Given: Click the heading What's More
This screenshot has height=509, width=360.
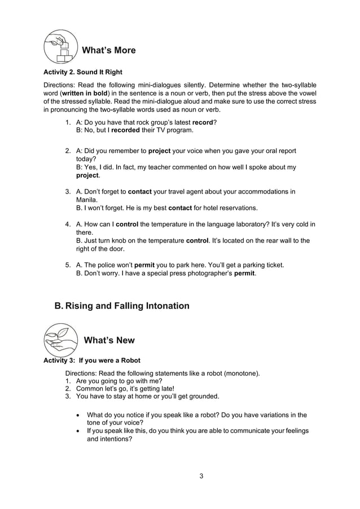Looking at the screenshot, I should tap(109, 50).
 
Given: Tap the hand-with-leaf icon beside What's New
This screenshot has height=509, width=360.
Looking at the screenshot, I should tap(60, 340).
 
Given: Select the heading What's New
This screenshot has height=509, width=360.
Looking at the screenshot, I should tap(109, 340).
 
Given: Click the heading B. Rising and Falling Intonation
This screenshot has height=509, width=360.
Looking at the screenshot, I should tap(121, 306).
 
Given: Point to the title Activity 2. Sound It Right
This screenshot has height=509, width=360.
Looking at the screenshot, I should tap(83, 72).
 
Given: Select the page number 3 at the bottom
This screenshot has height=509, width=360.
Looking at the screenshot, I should tap(201, 476).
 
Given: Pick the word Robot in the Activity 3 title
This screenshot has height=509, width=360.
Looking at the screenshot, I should tap(129, 360).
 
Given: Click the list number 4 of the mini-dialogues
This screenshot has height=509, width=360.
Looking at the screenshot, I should tap(68, 224).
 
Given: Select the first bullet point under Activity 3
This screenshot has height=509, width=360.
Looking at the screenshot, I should tap(77, 415).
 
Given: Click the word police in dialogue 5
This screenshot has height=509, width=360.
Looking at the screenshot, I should tap(111, 265).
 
